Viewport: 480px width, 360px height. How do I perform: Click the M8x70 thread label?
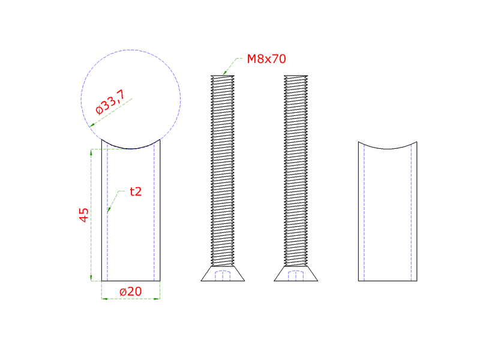[x=266, y=59]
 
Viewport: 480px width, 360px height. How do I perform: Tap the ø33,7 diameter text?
[x=110, y=102]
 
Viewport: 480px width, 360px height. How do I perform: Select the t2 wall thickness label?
[x=136, y=191]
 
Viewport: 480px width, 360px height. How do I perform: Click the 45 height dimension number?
[x=83, y=215]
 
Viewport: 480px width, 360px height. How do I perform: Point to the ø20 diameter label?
[x=131, y=292]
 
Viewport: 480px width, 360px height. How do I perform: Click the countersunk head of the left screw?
[x=223, y=274]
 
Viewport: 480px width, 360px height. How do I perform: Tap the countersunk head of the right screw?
[x=296, y=274]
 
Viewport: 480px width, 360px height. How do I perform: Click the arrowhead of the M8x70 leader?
[x=225, y=72]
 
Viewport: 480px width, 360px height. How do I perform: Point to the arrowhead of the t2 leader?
[x=109, y=209]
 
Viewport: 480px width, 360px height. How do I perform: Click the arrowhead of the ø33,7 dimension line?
[x=92, y=125]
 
